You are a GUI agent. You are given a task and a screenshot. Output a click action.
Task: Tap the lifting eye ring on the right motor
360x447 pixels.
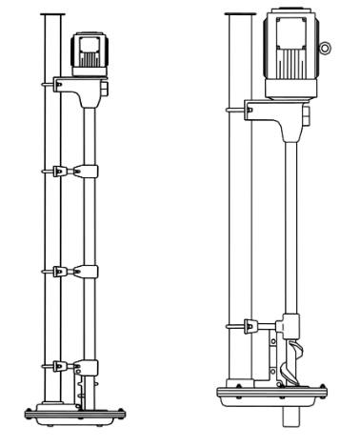click(x=327, y=48)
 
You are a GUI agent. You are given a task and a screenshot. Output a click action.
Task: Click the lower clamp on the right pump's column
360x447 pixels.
click(x=253, y=325)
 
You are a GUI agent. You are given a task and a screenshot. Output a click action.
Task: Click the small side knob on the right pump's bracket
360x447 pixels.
click(x=307, y=116)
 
